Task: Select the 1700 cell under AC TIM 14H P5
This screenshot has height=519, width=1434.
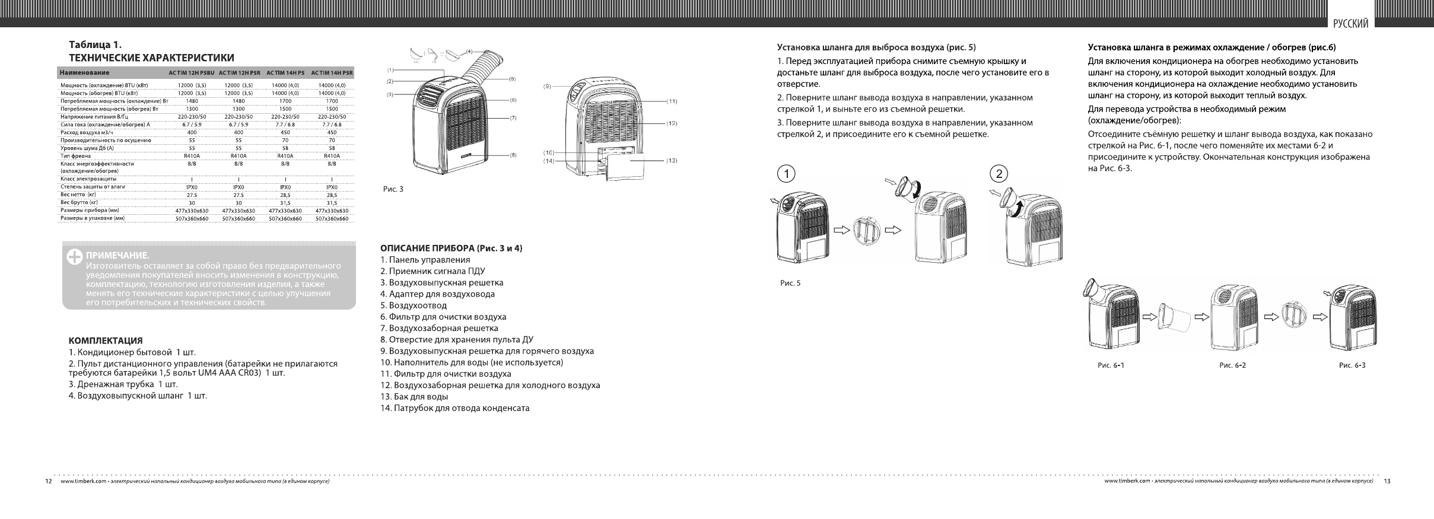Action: (285, 101)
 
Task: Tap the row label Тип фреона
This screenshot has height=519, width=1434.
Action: (75, 155)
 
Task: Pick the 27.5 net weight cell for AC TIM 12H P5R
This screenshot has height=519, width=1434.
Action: (239, 195)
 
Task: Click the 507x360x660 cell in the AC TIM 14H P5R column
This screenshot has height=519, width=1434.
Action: (332, 218)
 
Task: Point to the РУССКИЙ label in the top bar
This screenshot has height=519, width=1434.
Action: (1350, 24)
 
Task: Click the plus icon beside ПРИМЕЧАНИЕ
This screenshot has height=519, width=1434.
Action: (75, 256)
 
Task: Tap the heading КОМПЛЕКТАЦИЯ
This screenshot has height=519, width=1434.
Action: (106, 340)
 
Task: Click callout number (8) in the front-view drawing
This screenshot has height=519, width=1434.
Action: (513, 155)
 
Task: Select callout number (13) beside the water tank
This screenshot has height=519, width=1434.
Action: (672, 160)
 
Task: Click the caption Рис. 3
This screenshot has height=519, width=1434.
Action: (393, 189)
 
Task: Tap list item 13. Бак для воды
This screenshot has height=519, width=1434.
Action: (414, 397)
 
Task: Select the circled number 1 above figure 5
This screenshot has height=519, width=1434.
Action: (786, 174)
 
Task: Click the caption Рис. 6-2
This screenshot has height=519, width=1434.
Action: (1232, 365)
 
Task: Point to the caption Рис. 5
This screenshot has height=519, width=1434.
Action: (790, 283)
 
